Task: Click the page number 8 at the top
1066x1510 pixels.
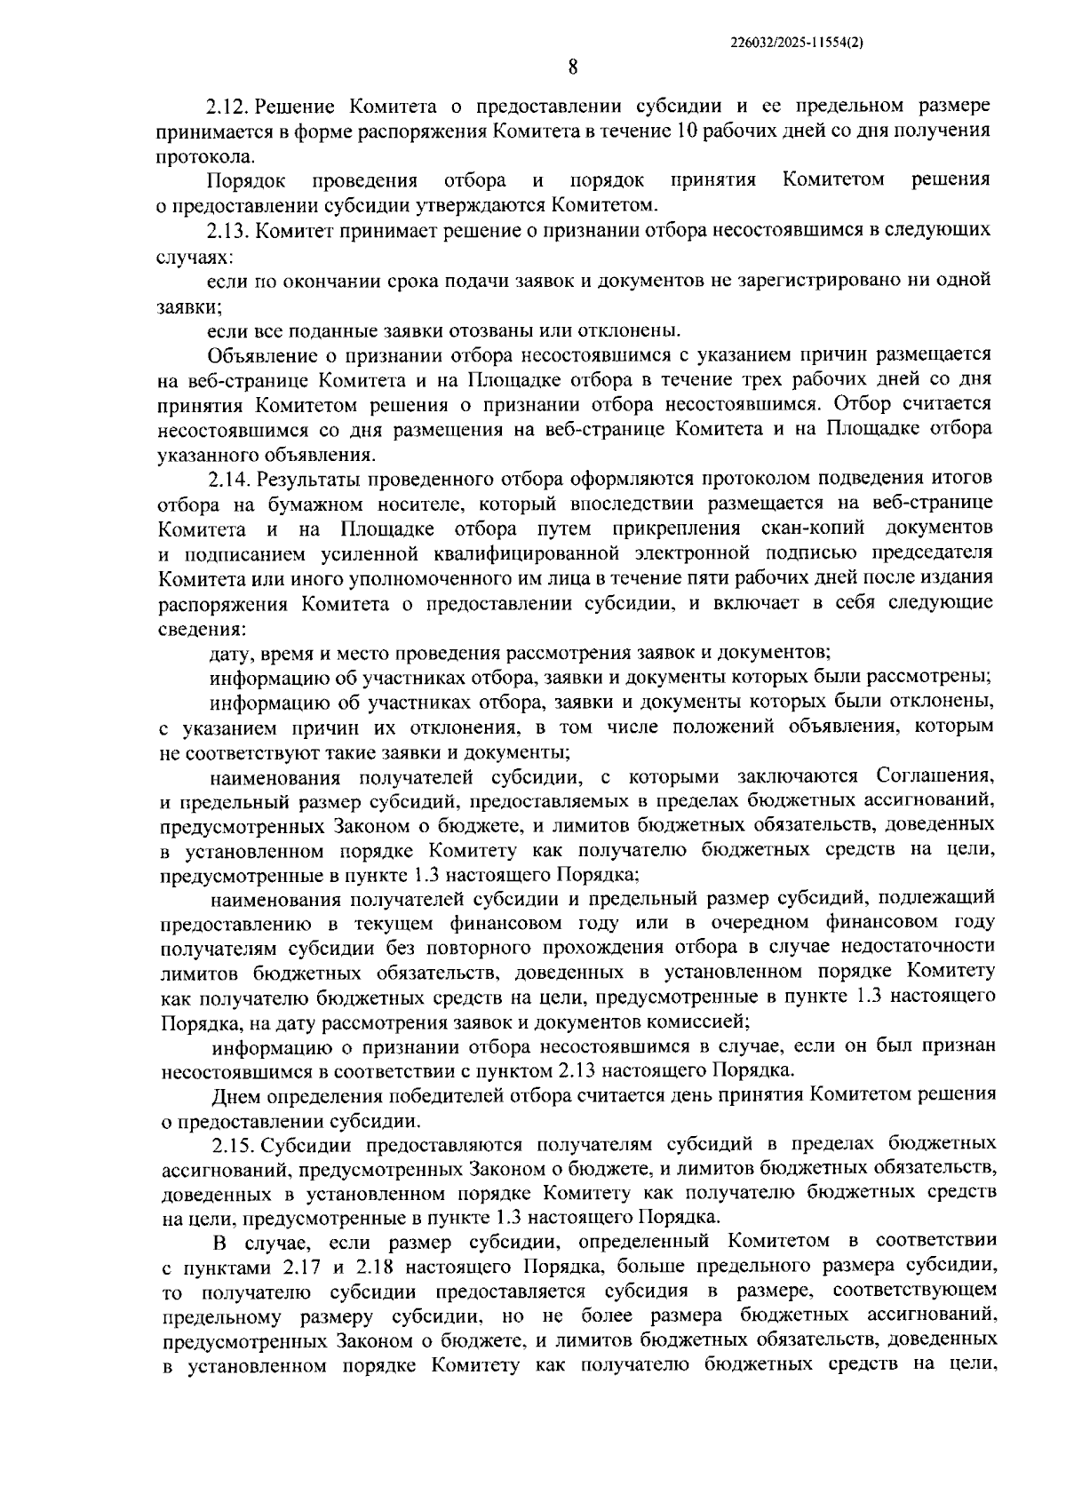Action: coord(573,67)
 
